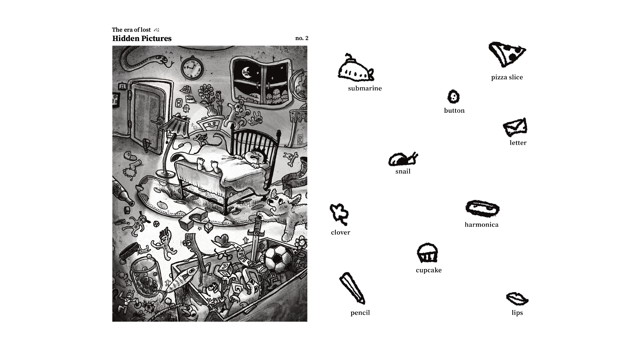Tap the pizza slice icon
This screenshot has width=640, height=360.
click(x=507, y=54)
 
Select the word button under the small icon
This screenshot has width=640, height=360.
click(x=454, y=111)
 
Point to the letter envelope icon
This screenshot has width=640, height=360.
click(x=515, y=127)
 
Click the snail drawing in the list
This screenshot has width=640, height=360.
click(x=403, y=159)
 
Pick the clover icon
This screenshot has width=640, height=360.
click(x=339, y=214)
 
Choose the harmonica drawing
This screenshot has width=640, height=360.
click(x=482, y=208)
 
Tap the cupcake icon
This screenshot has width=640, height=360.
click(x=427, y=253)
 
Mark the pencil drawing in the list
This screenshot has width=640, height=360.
click(x=352, y=288)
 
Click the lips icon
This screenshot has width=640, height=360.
click(x=517, y=299)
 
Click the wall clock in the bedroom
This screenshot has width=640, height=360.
click(x=192, y=68)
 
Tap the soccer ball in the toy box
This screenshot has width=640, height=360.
click(x=278, y=258)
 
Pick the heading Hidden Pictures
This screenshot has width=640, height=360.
click(x=142, y=39)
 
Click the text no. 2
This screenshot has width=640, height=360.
click(x=302, y=38)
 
